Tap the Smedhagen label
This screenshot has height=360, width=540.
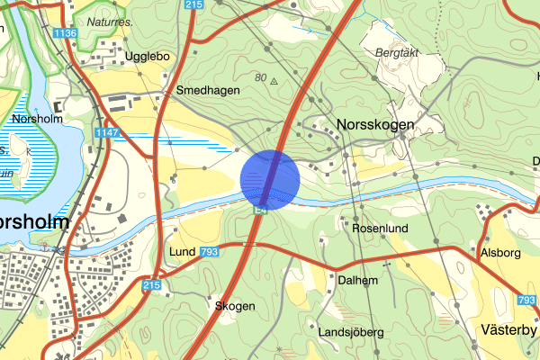point(208,91)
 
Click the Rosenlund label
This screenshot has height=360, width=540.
point(380,229)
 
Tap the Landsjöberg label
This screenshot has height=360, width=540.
point(351,332)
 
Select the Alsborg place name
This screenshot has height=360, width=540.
point(501,253)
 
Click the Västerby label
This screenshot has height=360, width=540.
point(508,329)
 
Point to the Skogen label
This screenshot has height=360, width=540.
point(235,306)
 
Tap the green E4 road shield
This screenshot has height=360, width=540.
point(260,211)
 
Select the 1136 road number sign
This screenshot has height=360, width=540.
point(65,33)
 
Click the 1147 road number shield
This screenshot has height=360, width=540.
point(106,132)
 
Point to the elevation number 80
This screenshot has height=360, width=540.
point(260,78)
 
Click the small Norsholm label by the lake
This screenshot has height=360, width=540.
point(36,119)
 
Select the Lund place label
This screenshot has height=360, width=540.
point(183,252)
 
